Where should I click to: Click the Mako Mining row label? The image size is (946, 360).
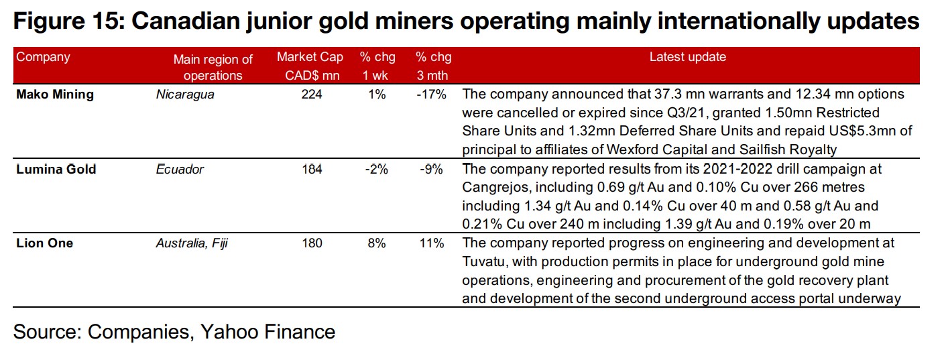click(55, 95)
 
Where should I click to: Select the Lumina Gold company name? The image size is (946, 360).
click(56, 169)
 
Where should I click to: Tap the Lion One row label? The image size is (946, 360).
click(44, 243)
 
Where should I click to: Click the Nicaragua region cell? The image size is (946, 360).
click(185, 95)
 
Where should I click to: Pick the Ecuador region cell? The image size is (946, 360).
click(180, 169)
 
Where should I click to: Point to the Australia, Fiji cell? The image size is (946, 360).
click(192, 243)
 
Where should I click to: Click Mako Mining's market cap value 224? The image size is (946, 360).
click(312, 95)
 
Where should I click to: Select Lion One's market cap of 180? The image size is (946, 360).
click(312, 243)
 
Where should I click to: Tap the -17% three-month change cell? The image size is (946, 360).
click(431, 95)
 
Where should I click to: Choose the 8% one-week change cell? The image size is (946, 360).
click(376, 243)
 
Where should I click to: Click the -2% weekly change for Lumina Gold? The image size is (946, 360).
click(376, 169)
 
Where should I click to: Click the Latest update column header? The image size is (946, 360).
click(687, 58)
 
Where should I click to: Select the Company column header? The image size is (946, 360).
click(43, 57)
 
